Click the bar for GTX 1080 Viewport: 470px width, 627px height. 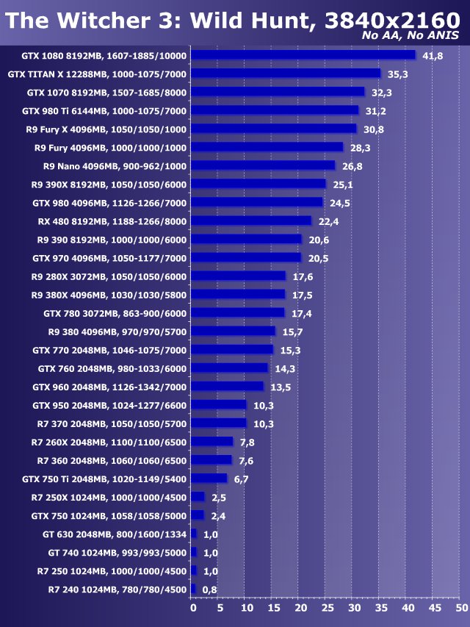(x=303, y=55)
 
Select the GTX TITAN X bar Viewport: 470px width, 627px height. (x=286, y=74)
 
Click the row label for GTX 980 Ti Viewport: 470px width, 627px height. (x=104, y=111)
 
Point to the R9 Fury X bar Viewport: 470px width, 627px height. (x=273, y=129)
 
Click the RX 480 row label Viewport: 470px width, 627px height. (x=112, y=221)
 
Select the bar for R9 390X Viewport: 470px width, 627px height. (x=258, y=184)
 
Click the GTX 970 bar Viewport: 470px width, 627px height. (x=245, y=258)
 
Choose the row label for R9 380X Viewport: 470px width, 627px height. (x=109, y=295)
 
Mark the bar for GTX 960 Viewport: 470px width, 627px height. (x=227, y=387)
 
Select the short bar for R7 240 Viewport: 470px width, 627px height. (x=193, y=590)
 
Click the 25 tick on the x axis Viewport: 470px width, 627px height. (x=327, y=608)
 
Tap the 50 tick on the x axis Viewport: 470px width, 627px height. (x=460, y=608)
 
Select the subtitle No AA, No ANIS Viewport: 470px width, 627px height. (x=411, y=35)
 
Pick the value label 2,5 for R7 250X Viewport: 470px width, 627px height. (x=218, y=498)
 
